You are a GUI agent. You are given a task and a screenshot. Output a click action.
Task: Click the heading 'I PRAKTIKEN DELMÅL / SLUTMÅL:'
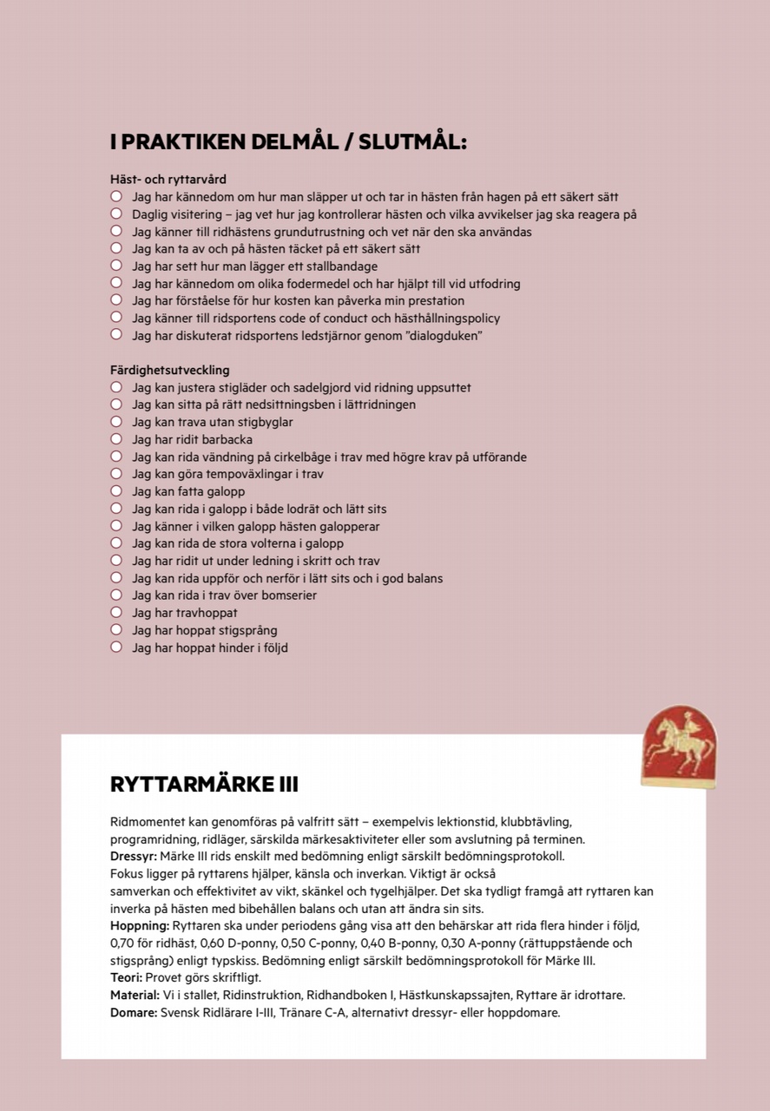click(x=288, y=142)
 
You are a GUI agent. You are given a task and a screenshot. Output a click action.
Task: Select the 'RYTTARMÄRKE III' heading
click(x=204, y=785)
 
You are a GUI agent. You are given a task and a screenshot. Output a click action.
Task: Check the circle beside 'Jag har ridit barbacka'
click(x=116, y=439)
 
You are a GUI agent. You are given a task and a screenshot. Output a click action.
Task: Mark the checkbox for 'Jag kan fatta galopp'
click(x=116, y=491)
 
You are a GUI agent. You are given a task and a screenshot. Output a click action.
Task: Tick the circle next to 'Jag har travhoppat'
click(x=116, y=613)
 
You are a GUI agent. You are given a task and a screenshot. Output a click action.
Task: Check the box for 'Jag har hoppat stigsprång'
click(x=116, y=630)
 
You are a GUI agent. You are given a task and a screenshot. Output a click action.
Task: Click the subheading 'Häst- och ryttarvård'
click(x=168, y=180)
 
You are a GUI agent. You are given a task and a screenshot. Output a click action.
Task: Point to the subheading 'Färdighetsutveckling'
click(x=169, y=371)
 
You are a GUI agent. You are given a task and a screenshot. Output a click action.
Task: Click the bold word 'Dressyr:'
click(x=133, y=857)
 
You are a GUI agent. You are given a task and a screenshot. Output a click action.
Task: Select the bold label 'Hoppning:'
click(x=140, y=926)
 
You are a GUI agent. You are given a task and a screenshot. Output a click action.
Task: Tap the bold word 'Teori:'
click(x=126, y=978)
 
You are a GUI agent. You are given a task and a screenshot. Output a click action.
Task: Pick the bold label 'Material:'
click(x=135, y=996)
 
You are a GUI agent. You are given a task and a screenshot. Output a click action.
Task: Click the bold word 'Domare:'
click(x=134, y=1013)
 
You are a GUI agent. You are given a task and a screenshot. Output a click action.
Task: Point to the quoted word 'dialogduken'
click(x=439, y=336)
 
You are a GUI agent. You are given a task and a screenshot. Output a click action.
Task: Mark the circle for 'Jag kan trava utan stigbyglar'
click(x=116, y=422)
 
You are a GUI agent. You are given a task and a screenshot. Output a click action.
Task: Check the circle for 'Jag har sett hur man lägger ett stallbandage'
click(x=116, y=266)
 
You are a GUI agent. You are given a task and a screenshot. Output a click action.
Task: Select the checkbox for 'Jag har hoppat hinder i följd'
click(x=116, y=648)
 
